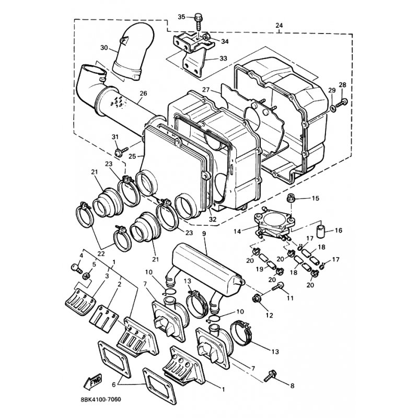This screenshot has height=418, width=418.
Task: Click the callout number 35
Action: pos(181,17)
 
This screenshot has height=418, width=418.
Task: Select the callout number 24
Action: pos(279,25)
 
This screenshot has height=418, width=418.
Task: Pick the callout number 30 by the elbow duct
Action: pos(104,48)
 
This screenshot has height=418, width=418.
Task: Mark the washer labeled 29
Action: pos(333,109)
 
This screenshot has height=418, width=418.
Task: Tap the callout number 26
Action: pos(143,94)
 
